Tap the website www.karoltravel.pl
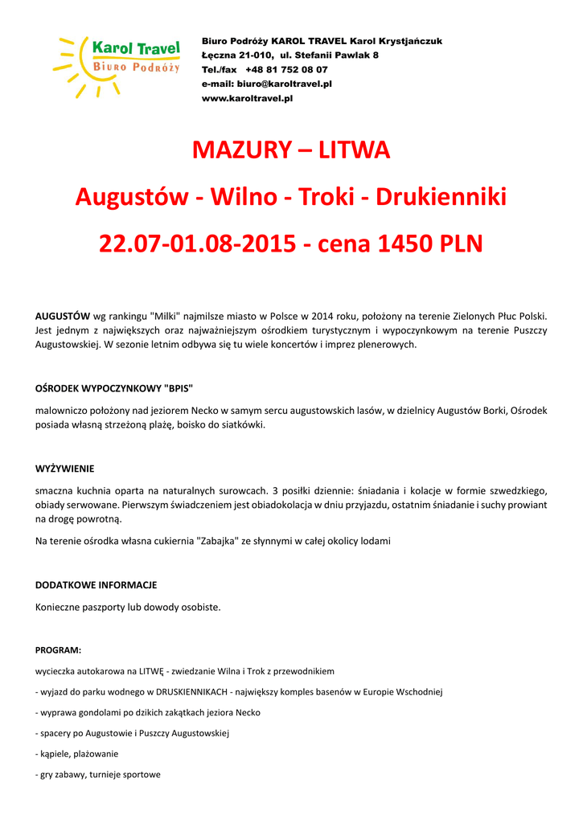tap(247, 98)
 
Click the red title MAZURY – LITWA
tap(291, 150)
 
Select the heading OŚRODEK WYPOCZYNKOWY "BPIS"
tap(114, 387)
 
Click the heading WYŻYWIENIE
tap(65, 469)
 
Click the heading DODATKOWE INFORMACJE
tap(96, 585)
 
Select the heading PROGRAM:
tap(58, 649)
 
